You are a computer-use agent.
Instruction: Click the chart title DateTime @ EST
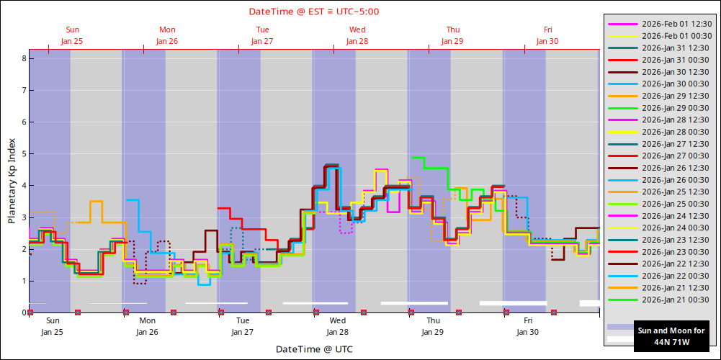(314, 12)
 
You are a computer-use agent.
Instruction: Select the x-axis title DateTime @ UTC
(315, 349)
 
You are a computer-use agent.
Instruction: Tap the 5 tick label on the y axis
(23, 153)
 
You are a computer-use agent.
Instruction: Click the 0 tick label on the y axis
(23, 312)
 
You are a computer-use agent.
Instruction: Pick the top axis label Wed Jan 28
(357, 35)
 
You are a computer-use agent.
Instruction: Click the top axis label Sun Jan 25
(72, 35)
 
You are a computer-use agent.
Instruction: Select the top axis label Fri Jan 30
(547, 35)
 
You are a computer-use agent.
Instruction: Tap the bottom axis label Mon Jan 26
(147, 326)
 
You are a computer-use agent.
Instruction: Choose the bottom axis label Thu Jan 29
(433, 326)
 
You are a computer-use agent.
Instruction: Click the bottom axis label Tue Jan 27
(243, 326)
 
